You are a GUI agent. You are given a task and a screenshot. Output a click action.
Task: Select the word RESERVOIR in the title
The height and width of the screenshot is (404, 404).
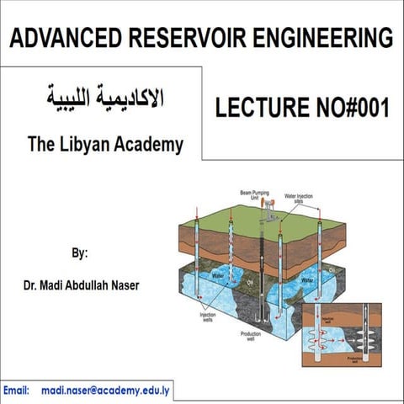[175, 37]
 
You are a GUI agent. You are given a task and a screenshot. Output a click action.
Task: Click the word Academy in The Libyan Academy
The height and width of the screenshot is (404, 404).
[152, 145]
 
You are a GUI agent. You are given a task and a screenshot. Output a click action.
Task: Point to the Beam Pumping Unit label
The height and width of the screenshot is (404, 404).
[257, 195]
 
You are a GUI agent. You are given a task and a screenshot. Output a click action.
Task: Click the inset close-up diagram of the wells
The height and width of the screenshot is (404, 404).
[341, 336]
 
